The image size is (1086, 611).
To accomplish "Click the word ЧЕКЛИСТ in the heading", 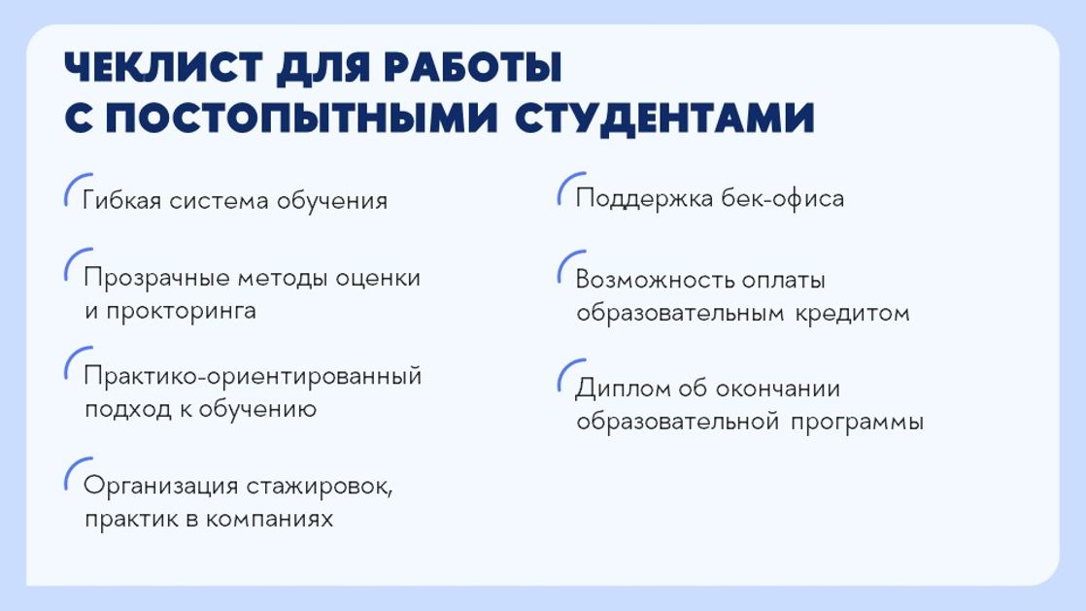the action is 163,68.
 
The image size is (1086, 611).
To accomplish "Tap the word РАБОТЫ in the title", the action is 472,68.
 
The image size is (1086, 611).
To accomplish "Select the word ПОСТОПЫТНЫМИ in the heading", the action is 301,118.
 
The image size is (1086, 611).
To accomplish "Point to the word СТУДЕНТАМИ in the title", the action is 664,118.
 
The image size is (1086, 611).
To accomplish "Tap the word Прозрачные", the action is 155,279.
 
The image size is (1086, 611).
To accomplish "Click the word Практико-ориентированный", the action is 253,377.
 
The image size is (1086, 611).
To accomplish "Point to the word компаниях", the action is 269,519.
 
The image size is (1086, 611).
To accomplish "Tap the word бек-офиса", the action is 783,198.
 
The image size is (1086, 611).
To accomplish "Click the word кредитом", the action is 852,314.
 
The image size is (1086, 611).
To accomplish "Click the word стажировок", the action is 320,487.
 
